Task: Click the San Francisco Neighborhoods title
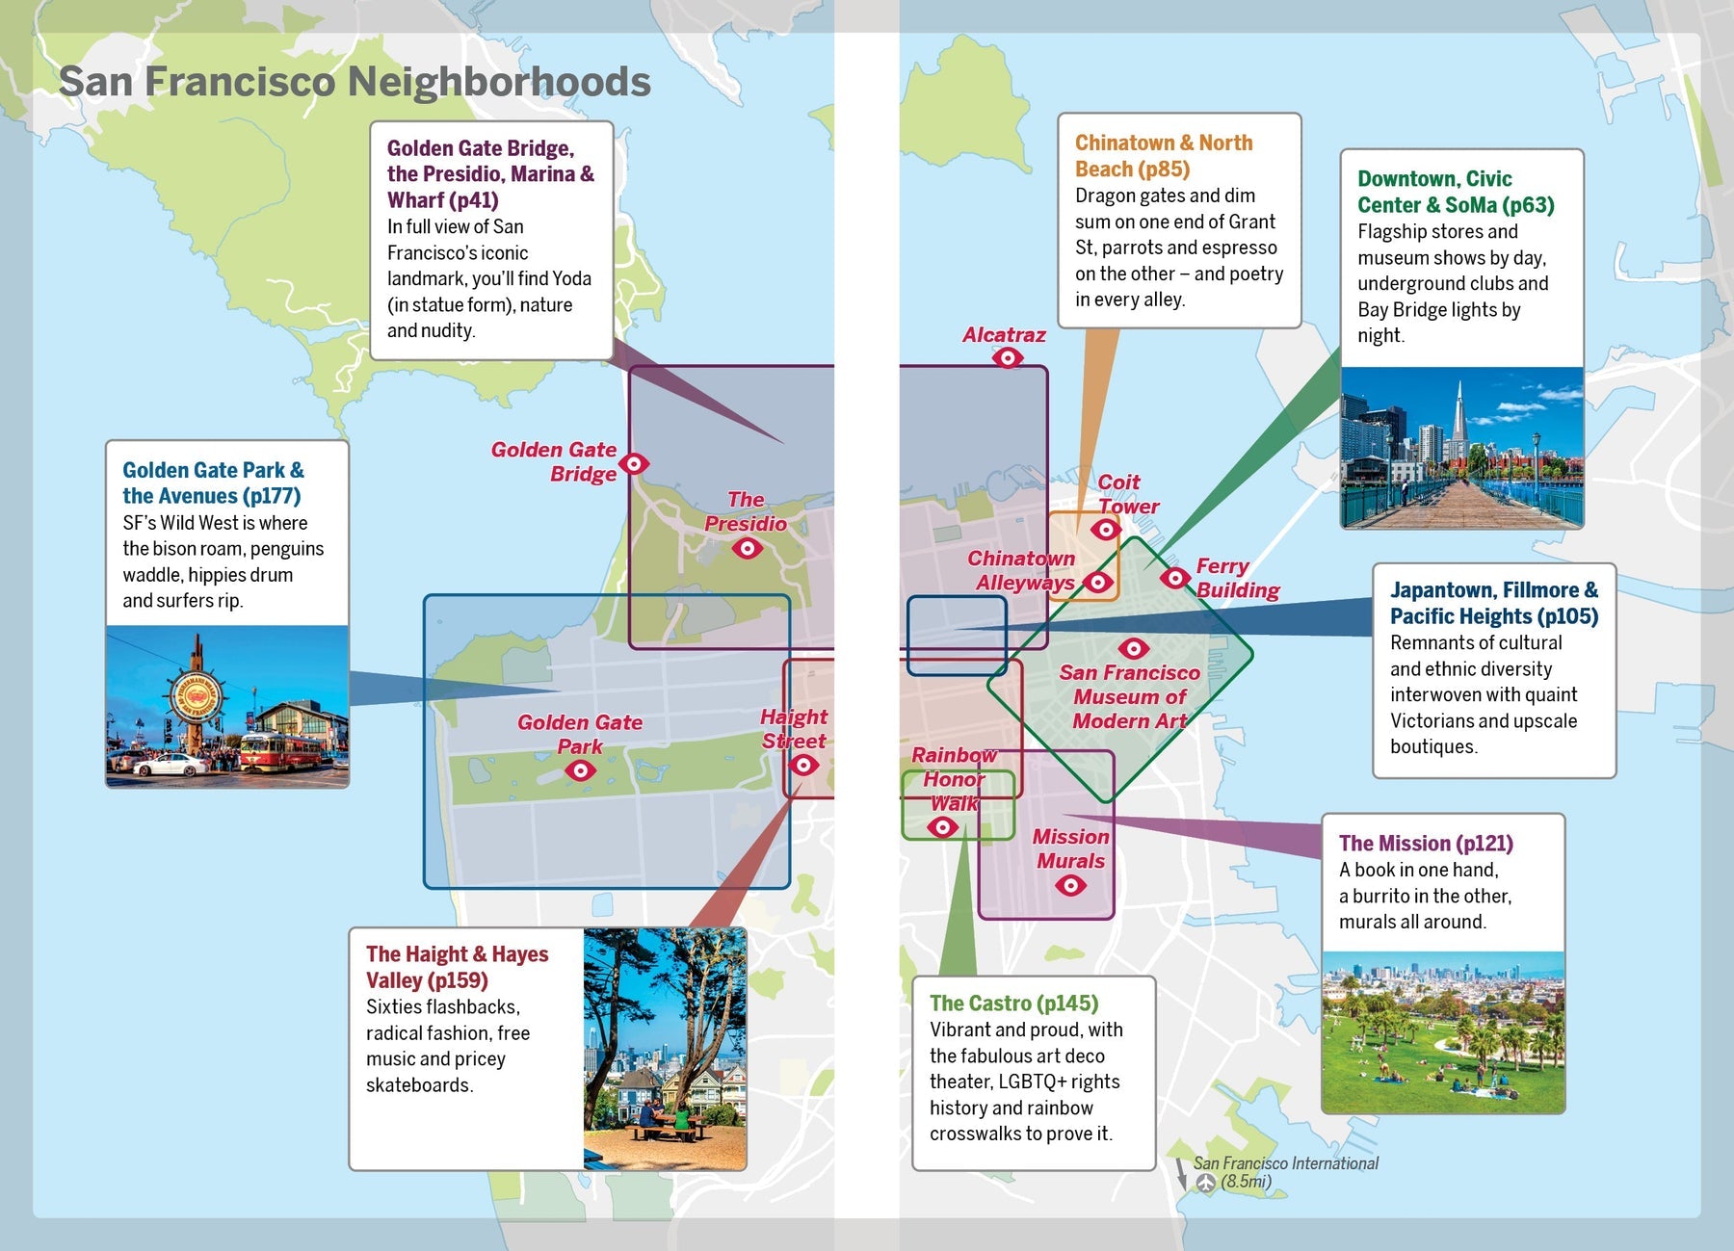(355, 82)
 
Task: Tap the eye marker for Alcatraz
(1008, 358)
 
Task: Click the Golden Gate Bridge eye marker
(633, 464)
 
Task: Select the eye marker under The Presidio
(747, 549)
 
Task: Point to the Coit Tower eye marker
(1105, 530)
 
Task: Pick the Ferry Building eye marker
(1174, 578)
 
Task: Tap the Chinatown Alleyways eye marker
(1097, 582)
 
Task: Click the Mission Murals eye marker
(1070, 885)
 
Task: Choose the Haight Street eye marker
(803, 765)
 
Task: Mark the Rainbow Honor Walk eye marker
(941, 827)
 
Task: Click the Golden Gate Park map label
(579, 734)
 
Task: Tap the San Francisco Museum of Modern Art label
(1129, 696)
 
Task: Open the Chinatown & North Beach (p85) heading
(1163, 156)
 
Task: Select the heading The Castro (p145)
(1013, 1003)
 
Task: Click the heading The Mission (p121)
(1426, 844)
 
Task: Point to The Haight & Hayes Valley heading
(457, 967)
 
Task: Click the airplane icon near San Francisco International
(1206, 1184)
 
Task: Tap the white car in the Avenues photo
(170, 766)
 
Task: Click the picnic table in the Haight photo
(665, 1129)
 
